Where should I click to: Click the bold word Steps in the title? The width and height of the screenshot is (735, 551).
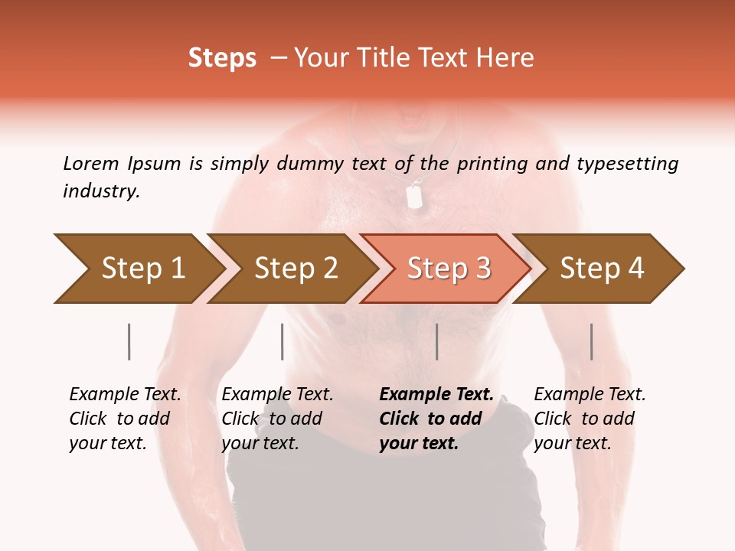click(x=222, y=58)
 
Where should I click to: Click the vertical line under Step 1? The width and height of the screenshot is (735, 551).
click(x=129, y=341)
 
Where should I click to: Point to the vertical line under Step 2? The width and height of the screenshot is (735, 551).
click(x=283, y=341)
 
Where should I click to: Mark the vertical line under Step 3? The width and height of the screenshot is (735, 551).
click(x=436, y=341)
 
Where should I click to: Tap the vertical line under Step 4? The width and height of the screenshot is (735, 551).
click(x=591, y=341)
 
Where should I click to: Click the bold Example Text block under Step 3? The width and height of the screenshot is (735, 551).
click(x=436, y=419)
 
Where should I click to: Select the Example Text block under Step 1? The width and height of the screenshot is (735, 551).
click(x=125, y=419)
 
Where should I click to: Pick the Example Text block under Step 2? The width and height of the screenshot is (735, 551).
click(x=277, y=419)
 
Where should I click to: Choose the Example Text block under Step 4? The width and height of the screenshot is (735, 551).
click(x=590, y=419)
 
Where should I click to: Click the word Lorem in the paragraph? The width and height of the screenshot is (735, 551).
click(x=90, y=163)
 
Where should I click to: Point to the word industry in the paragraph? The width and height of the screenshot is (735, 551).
click(x=101, y=191)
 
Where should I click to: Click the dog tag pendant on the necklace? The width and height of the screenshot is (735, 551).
click(x=414, y=197)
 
